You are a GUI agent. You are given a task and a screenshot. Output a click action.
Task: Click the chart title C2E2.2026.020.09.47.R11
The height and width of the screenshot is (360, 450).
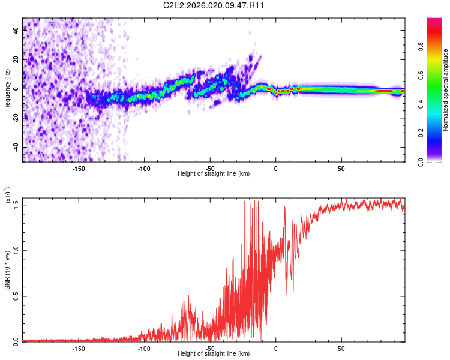(x=214, y=5)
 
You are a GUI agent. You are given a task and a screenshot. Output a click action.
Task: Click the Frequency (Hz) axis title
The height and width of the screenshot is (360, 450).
(x=8, y=89)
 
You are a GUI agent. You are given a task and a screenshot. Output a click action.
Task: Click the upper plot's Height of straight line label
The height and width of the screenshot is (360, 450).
(x=214, y=173)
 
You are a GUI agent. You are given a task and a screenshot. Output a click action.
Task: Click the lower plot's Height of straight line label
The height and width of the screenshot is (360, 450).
(x=214, y=353)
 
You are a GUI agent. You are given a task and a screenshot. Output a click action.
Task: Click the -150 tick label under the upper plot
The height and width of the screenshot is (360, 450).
(x=79, y=169)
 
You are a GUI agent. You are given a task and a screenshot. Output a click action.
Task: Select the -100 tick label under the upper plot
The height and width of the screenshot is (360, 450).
(x=144, y=169)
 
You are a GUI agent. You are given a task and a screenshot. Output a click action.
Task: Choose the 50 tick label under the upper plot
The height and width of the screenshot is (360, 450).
(x=341, y=169)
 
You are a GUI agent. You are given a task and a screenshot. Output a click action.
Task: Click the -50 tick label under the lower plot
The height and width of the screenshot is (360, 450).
(x=210, y=348)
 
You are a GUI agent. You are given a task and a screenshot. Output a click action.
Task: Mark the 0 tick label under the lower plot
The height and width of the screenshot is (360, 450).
(x=276, y=348)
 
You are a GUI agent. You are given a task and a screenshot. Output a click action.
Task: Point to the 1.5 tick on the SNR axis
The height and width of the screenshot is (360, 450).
(x=16, y=205)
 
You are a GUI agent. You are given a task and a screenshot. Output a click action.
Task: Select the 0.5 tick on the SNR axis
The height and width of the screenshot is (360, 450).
(x=16, y=296)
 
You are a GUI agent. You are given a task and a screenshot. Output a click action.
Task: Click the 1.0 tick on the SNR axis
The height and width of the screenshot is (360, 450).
(x=16, y=250)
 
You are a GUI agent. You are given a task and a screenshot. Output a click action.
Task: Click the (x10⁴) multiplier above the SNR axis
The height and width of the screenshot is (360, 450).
(x=8, y=196)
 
